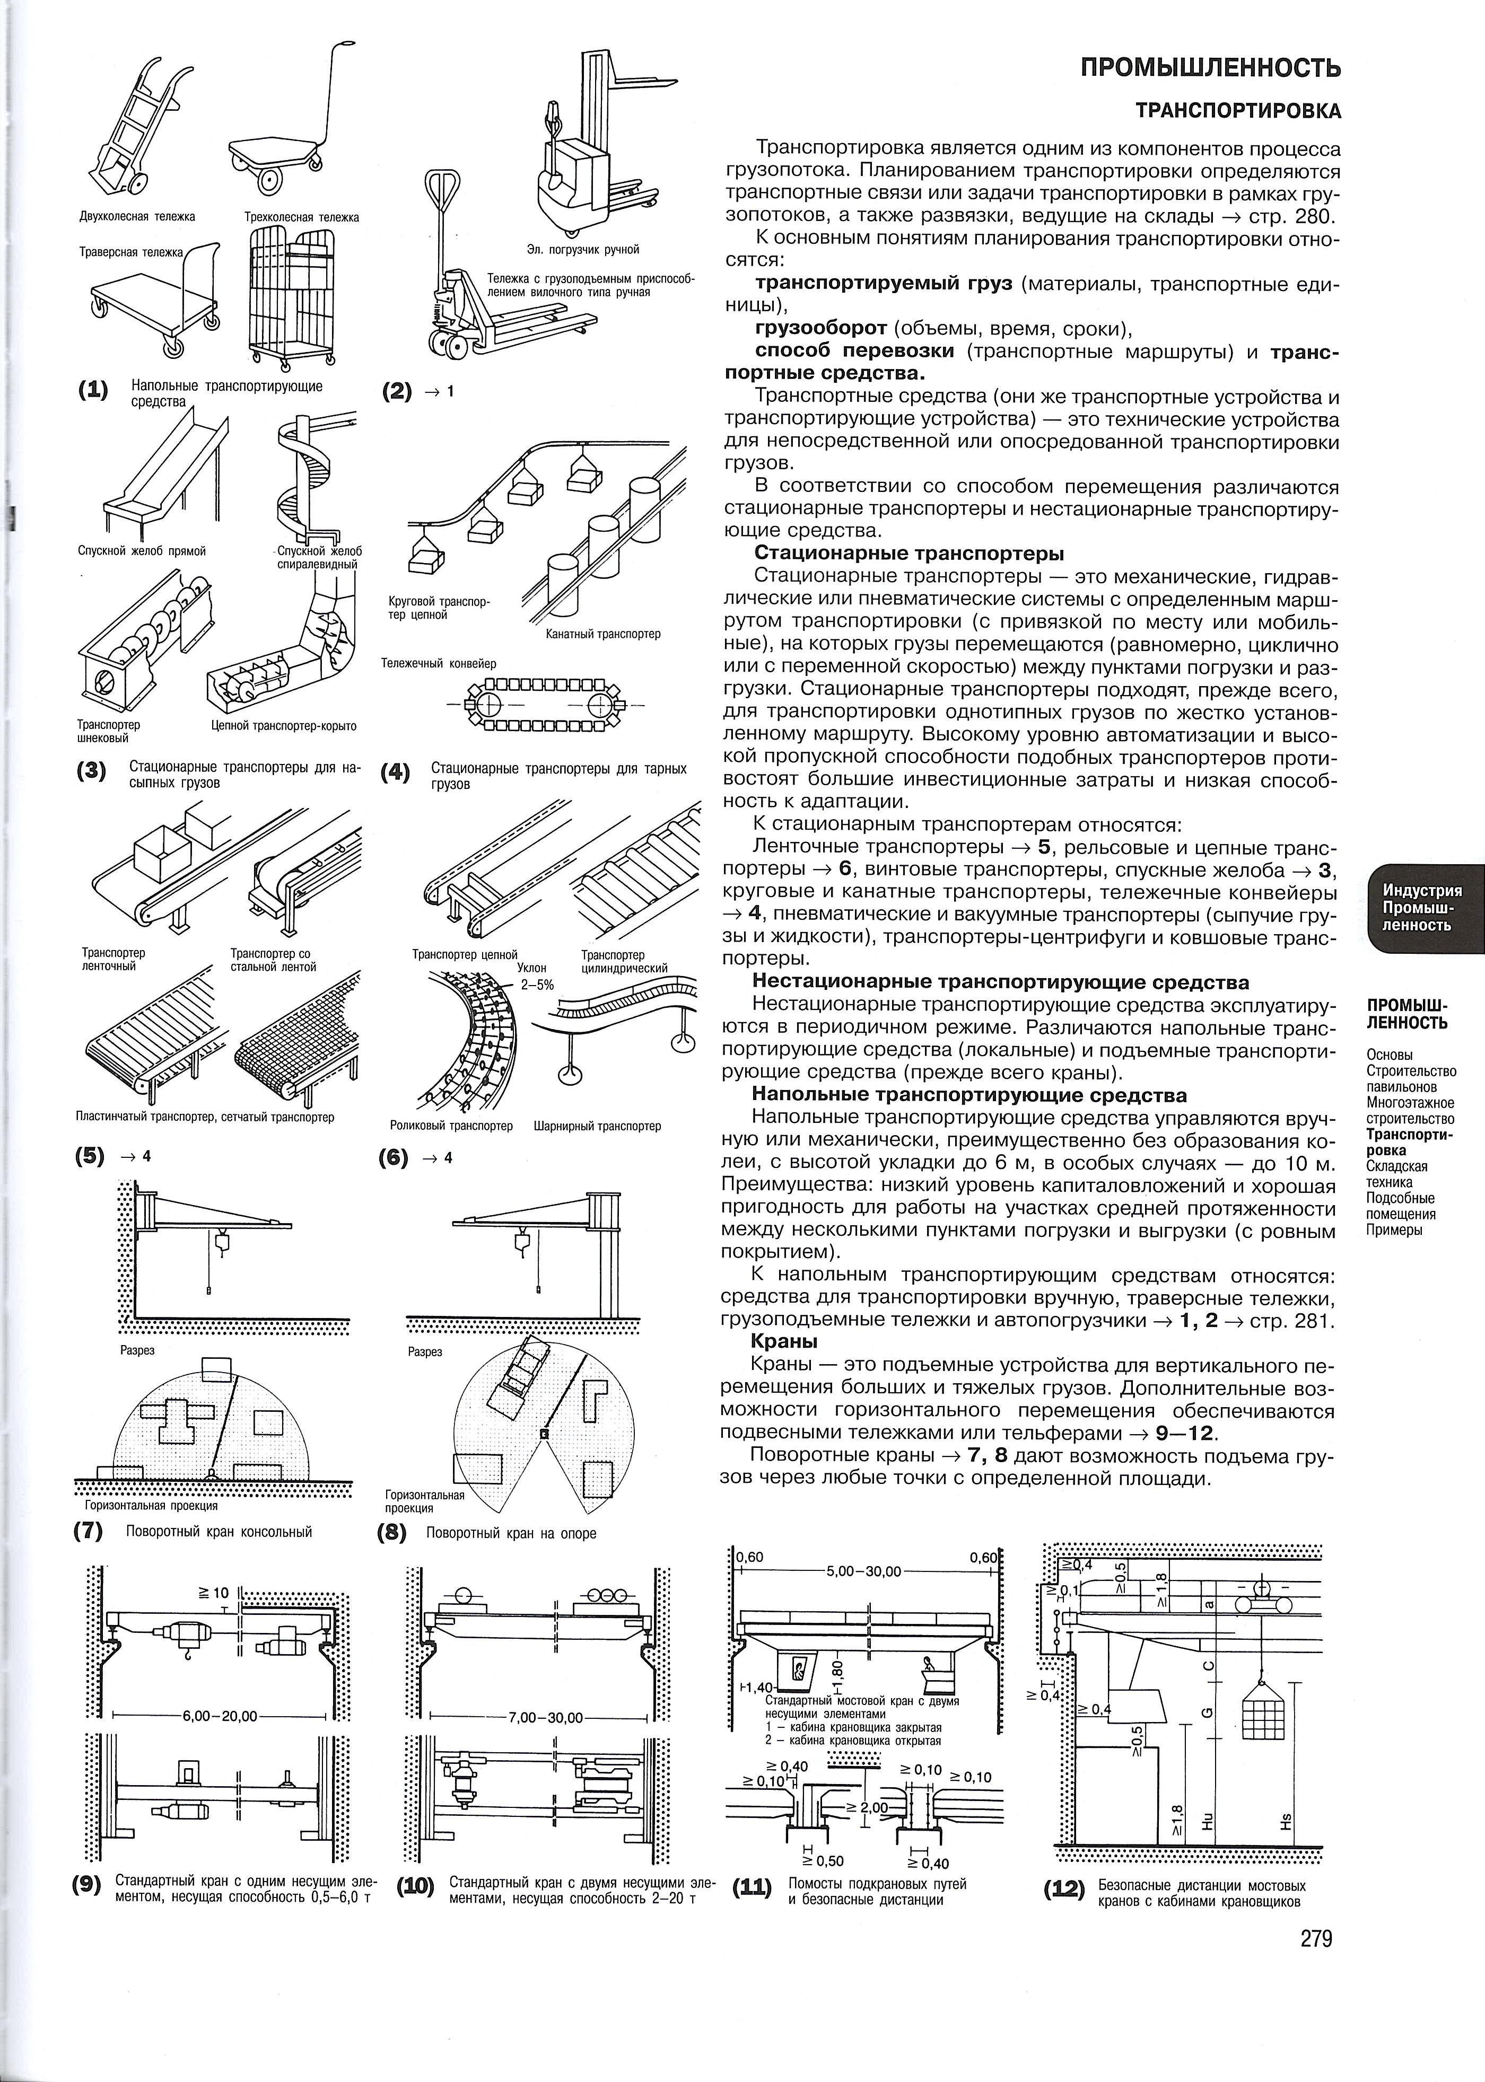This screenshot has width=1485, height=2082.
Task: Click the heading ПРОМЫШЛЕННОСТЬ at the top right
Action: tap(1211, 68)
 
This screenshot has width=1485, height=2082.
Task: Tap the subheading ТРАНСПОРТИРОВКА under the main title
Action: tap(1238, 111)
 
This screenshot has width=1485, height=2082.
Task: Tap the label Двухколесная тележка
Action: tap(137, 217)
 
